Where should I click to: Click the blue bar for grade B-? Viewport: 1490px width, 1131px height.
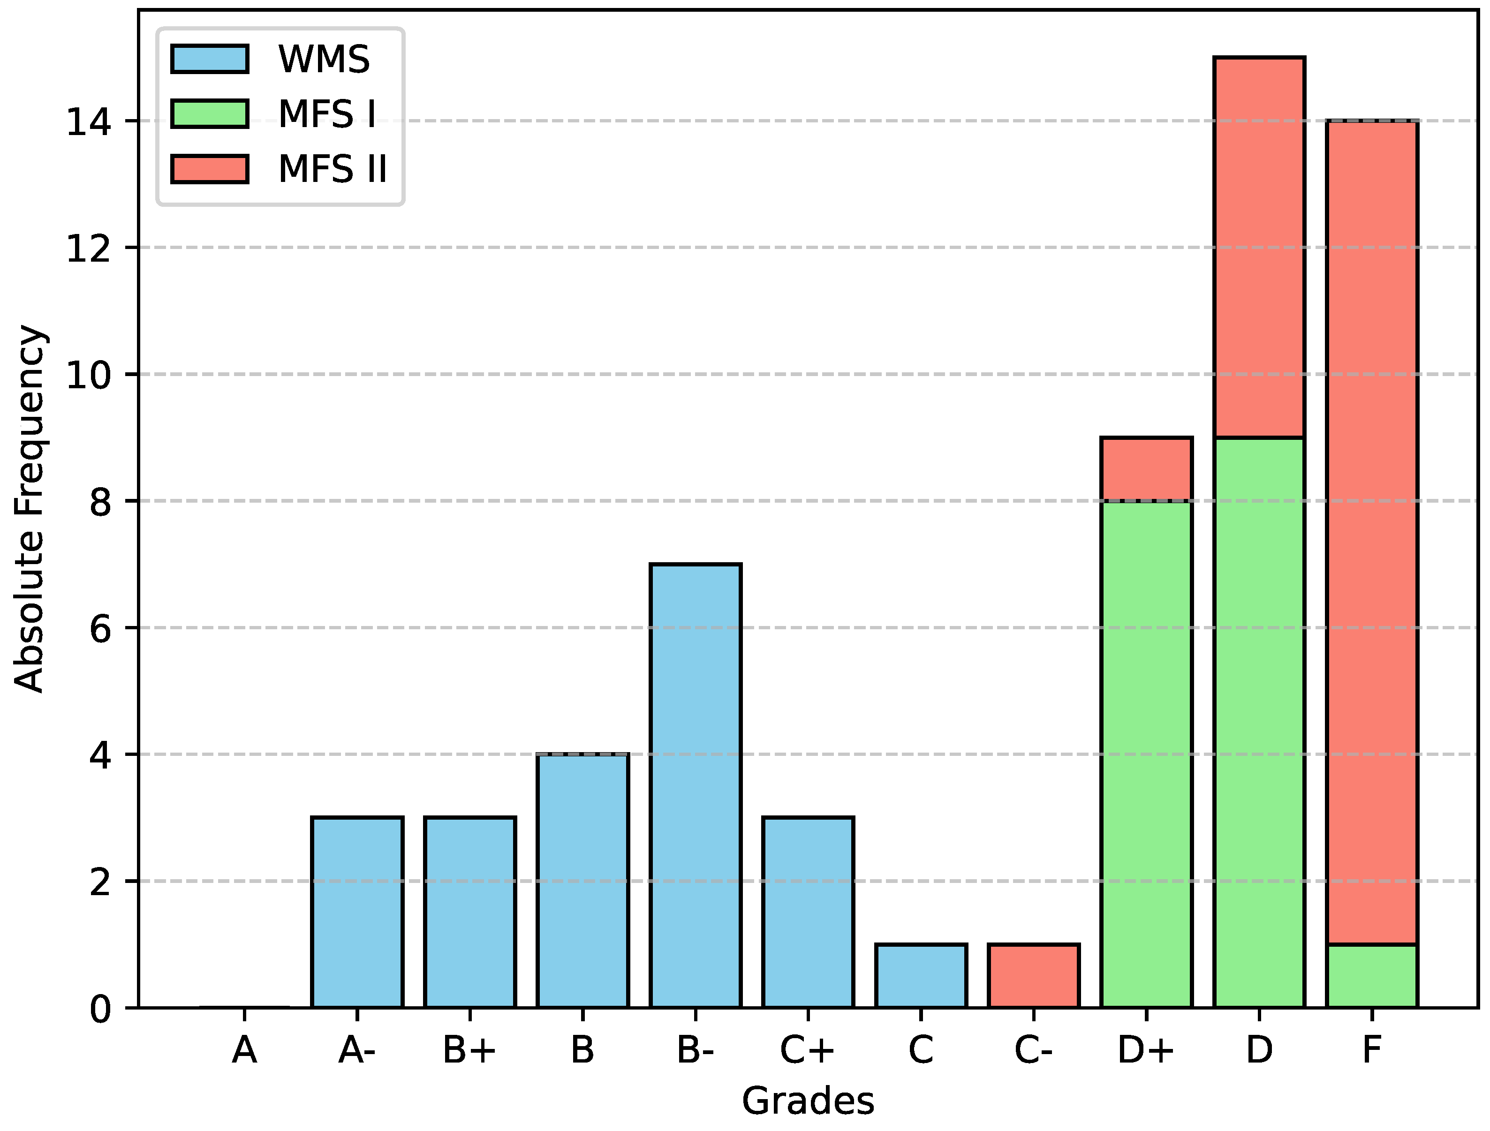pos(695,785)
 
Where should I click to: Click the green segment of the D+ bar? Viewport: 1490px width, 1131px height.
pos(1146,754)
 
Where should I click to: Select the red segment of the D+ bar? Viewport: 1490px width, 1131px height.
pos(1146,469)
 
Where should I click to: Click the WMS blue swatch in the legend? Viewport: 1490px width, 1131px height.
pos(210,59)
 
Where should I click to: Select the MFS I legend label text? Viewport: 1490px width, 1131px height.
pos(327,114)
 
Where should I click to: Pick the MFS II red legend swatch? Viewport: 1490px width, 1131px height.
pos(210,168)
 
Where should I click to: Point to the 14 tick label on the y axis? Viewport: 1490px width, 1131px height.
pos(88,122)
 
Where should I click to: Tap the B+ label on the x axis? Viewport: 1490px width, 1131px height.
pos(469,1050)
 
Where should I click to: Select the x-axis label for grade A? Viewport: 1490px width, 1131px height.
pos(244,1050)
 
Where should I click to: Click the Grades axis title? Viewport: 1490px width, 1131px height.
pos(808,1102)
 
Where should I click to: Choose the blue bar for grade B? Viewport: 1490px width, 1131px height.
pos(582,881)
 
